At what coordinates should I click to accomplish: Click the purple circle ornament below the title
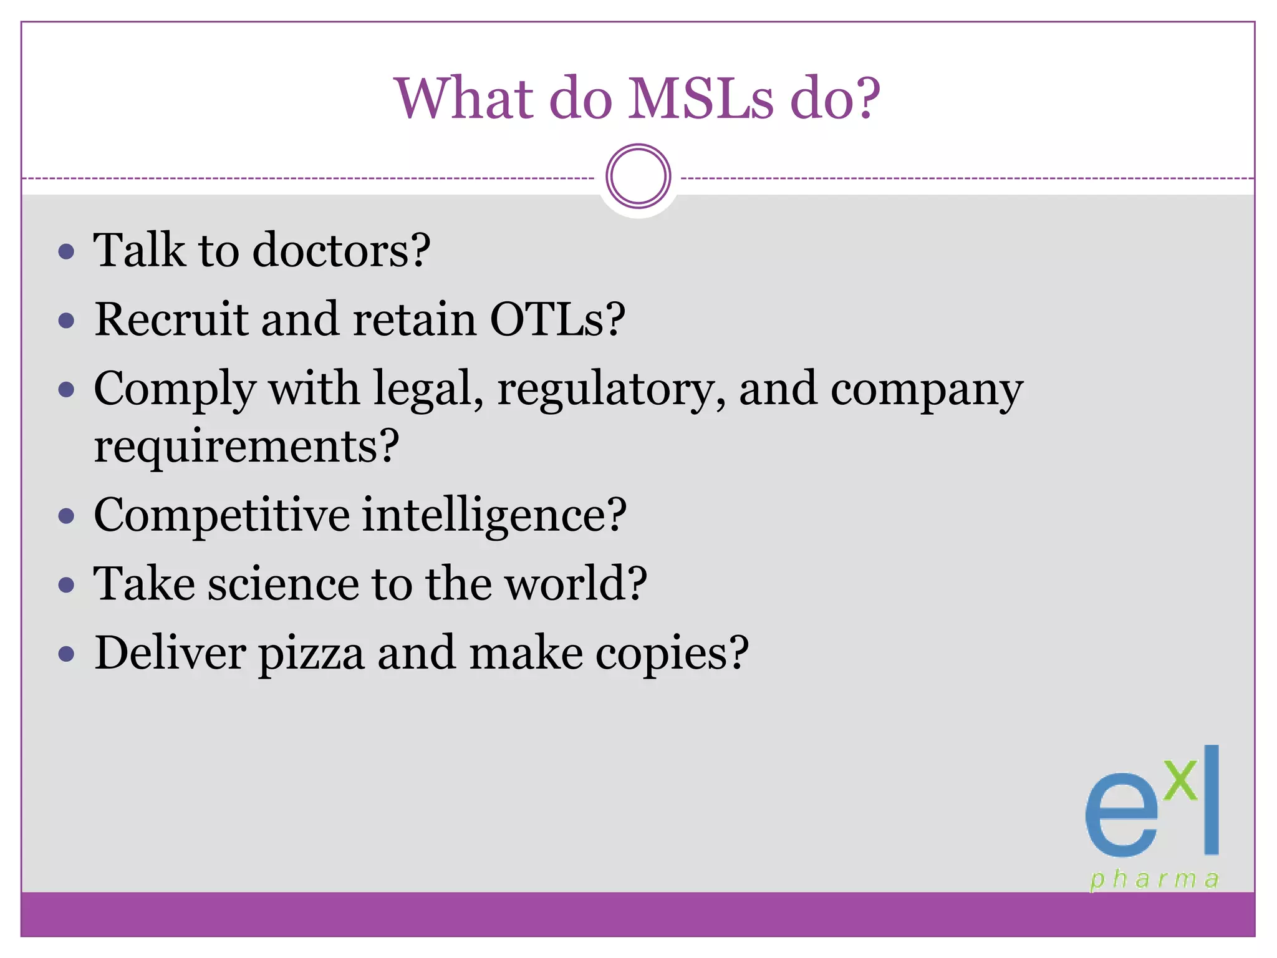point(638,177)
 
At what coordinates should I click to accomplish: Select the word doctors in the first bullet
point(341,250)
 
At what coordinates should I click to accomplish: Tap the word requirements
point(246,447)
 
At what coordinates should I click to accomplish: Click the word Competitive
point(221,516)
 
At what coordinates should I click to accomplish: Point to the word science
point(283,584)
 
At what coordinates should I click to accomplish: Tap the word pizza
point(311,654)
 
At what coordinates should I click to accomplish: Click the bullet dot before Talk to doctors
point(66,252)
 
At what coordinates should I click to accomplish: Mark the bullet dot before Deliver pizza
point(66,655)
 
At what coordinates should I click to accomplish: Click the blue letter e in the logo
point(1120,816)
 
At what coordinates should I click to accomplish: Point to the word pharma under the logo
point(1154,879)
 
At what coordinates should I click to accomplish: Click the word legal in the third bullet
point(428,390)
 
